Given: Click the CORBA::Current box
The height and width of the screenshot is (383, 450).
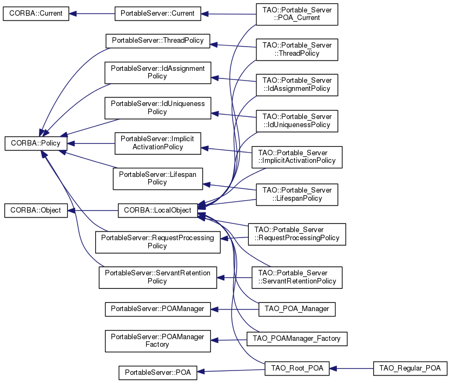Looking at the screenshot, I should [x=36, y=14].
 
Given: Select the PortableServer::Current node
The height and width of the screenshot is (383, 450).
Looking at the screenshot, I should [x=157, y=14].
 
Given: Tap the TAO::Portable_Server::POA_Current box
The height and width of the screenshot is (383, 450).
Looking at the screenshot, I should [x=296, y=14].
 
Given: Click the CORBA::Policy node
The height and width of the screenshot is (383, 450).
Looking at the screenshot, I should [x=36, y=143].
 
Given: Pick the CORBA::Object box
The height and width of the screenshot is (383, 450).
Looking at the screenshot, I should [x=36, y=210].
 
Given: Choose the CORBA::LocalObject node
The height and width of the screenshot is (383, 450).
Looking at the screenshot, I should [x=157, y=210].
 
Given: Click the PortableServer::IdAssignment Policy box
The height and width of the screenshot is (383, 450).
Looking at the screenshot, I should [x=157, y=72].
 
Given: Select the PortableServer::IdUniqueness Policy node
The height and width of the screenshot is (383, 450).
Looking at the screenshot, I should [x=157, y=107].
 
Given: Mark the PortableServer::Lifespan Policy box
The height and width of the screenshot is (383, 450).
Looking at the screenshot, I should [x=157, y=178].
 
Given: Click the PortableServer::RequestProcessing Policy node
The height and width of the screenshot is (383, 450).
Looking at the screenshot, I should [x=157, y=242].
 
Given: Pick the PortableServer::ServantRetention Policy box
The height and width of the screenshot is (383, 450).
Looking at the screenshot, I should [x=157, y=277].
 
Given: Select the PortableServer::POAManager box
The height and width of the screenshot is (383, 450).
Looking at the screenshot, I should [x=157, y=309].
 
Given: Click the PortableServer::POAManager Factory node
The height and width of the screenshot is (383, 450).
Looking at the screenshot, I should [x=157, y=340].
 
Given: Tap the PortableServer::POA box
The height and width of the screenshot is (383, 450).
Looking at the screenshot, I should [x=157, y=372].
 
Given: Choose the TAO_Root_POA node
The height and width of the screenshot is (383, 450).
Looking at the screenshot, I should [x=296, y=368].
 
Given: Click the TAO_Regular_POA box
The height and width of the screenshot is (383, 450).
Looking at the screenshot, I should [x=410, y=368].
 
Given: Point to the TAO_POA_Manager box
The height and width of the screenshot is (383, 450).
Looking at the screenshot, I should [x=297, y=309].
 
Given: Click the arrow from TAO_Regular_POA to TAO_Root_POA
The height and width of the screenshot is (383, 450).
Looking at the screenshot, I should [x=351, y=368].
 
